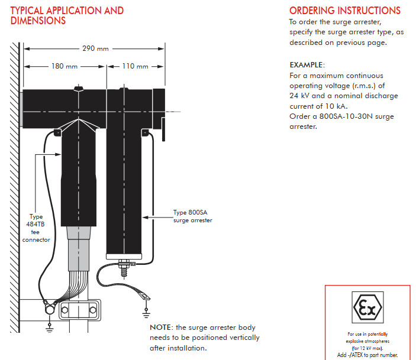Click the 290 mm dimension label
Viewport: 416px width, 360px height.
(90, 48)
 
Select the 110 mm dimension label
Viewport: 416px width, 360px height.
(136, 66)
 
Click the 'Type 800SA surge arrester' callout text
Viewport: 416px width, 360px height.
(192, 216)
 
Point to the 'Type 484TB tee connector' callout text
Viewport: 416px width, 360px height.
(36, 228)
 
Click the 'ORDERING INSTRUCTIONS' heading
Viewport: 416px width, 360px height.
(344, 11)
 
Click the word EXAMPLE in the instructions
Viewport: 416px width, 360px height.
(307, 64)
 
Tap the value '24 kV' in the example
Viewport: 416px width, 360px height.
(300, 96)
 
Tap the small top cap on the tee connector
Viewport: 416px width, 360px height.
(78, 89)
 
